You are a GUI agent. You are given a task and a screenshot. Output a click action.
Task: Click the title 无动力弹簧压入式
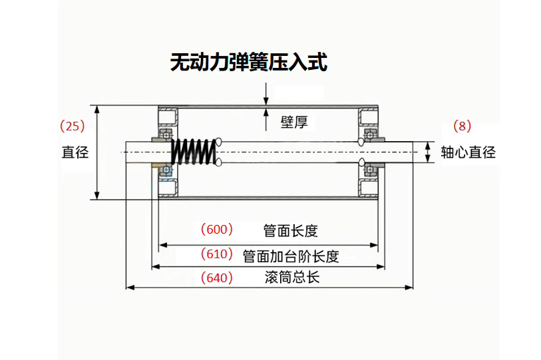248,63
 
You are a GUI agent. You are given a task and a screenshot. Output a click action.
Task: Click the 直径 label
75,152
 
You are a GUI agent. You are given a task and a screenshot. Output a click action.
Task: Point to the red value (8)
461,125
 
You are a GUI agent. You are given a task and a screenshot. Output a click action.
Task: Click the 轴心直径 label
468,152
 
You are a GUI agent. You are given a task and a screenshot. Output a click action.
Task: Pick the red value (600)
217,230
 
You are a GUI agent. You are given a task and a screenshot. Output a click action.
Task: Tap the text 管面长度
290,231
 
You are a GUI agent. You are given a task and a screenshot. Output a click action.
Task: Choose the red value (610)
217,254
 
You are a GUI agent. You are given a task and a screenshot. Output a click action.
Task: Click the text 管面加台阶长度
291,256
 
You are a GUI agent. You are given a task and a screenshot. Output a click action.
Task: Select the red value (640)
217,277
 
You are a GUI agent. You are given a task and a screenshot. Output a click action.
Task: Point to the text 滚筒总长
291,277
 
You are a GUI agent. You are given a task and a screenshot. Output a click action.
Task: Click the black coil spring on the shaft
194,152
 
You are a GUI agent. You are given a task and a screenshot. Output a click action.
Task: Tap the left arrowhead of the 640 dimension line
130,287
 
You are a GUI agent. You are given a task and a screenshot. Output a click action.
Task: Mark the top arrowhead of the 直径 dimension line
98,108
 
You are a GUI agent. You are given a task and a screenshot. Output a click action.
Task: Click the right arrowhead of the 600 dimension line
374,245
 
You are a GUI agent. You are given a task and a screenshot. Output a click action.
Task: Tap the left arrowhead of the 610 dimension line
156,267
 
